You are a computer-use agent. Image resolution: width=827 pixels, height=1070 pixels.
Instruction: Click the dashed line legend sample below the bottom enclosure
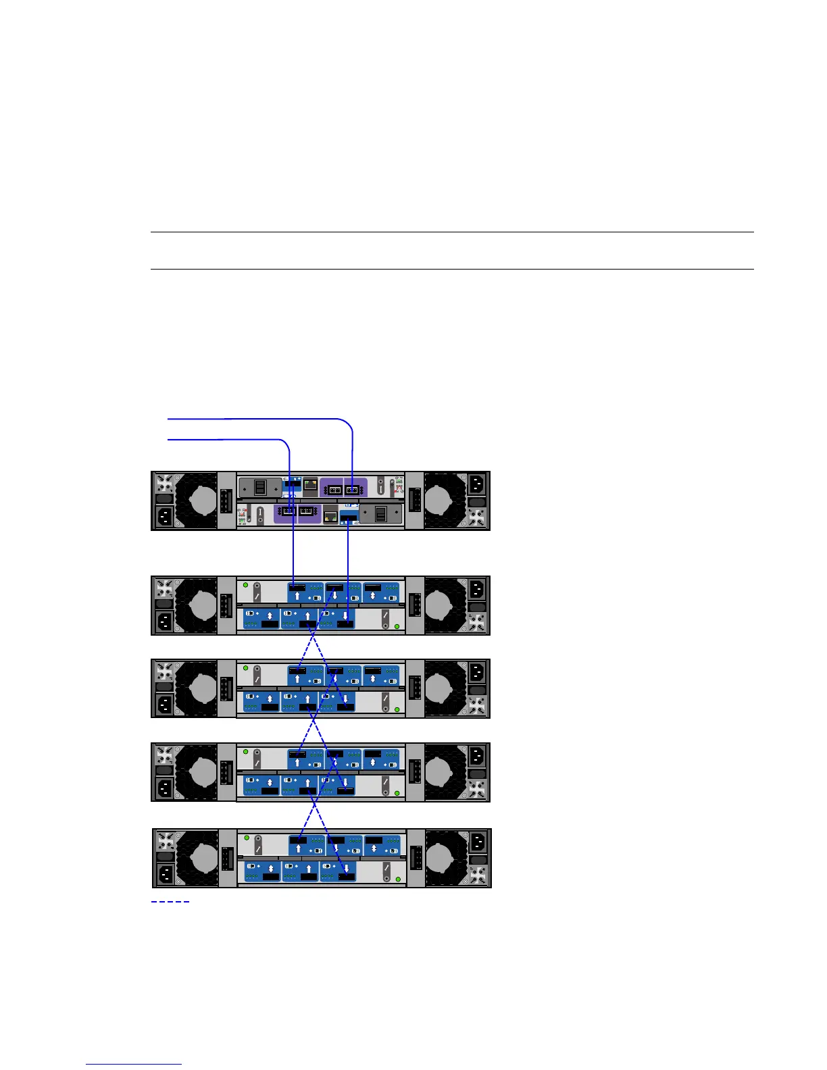point(170,901)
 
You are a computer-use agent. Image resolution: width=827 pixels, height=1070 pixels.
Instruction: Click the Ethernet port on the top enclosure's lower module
point(330,515)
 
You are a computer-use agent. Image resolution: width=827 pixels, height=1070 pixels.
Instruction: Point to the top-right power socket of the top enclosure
point(476,484)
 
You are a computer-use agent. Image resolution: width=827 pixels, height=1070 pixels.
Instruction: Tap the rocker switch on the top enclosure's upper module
point(260,487)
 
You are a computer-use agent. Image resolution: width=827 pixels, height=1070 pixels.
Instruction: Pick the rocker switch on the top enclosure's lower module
point(380,514)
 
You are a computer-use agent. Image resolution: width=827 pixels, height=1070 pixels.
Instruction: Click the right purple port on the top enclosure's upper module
point(352,489)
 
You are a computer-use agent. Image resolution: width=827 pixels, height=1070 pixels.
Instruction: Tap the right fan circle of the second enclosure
point(446,605)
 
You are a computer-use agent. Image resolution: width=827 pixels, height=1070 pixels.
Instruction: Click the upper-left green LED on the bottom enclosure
point(247,838)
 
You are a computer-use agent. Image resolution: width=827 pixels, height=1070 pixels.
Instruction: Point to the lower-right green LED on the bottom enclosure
point(398,879)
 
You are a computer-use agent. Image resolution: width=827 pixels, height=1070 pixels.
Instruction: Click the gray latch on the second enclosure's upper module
point(257,593)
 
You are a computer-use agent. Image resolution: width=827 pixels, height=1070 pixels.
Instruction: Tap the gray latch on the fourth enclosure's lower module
point(385,784)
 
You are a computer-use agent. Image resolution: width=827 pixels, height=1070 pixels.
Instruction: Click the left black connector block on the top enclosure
point(226,501)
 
